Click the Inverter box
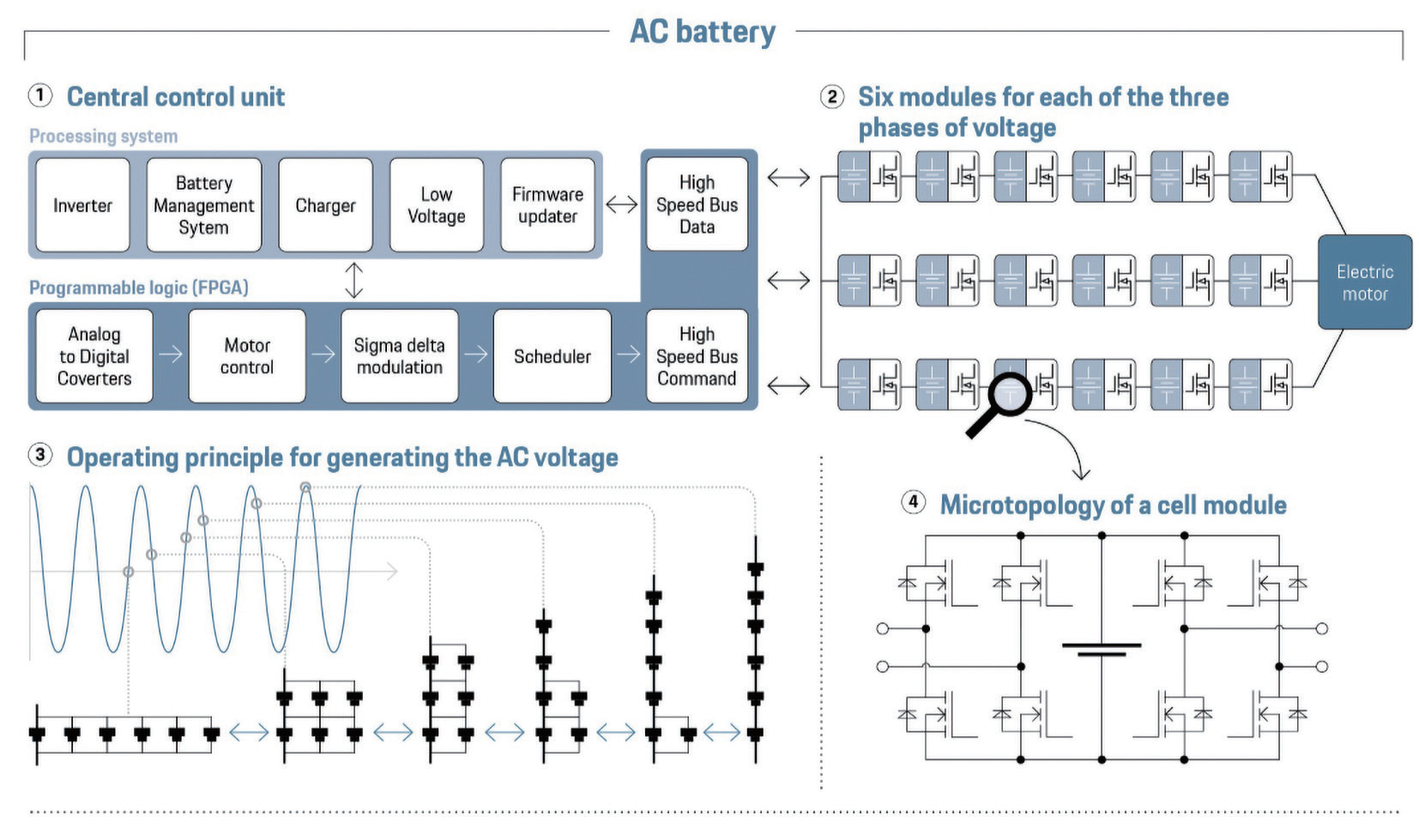click(x=82, y=205)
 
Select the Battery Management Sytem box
click(x=204, y=205)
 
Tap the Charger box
click(x=326, y=205)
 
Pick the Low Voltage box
click(x=437, y=205)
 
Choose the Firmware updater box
click(x=548, y=205)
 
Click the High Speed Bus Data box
click(x=697, y=204)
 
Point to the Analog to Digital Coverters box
click(x=94, y=355)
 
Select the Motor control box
click(x=247, y=355)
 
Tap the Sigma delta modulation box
click(x=400, y=355)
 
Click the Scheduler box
click(x=553, y=355)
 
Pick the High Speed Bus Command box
click(x=697, y=355)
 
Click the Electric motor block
click(x=1365, y=282)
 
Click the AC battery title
click(x=703, y=31)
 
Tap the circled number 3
click(x=40, y=455)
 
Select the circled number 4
click(x=913, y=503)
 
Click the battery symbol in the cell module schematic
click(x=1102, y=650)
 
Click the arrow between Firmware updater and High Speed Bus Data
click(x=621, y=205)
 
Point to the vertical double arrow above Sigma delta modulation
click(x=354, y=280)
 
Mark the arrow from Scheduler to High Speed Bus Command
click(x=628, y=354)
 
